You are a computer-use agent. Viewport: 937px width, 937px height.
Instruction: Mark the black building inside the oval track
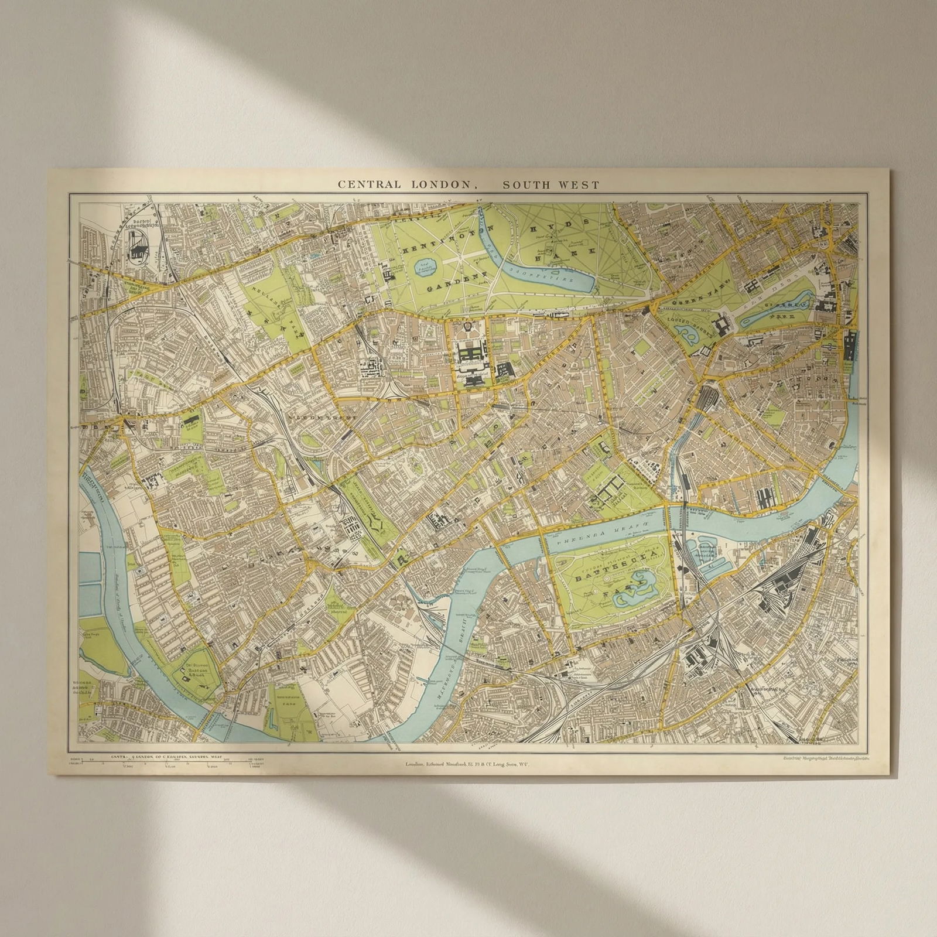coord(139,251)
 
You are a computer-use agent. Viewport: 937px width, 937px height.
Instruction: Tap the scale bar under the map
coord(170,763)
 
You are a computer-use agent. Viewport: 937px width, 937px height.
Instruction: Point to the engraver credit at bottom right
coord(826,758)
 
